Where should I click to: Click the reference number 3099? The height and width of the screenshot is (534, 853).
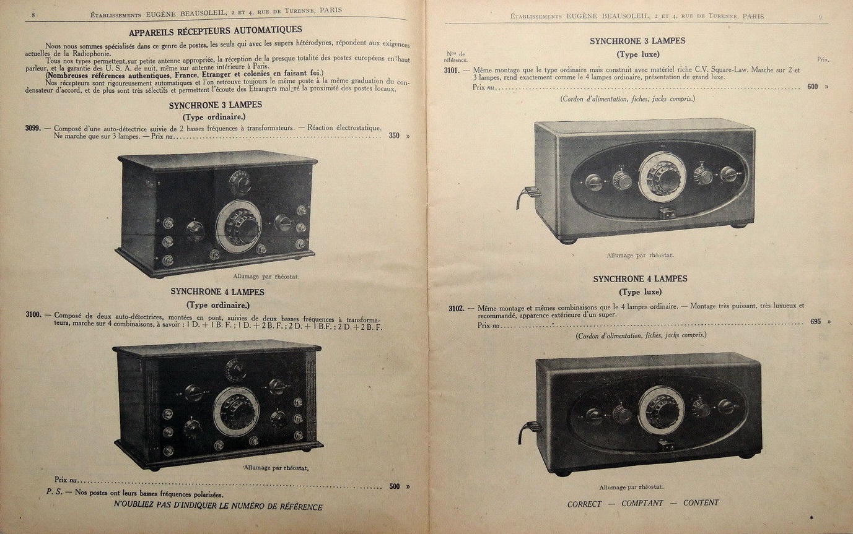[33, 128]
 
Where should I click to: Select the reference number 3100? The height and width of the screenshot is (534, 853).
[33, 314]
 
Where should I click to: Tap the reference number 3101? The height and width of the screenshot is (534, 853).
[452, 70]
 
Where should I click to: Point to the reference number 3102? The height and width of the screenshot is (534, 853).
[457, 308]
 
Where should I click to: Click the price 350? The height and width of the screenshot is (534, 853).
[394, 136]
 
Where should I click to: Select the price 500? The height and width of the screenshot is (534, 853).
[394, 486]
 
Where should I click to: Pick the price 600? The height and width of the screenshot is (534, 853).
[813, 87]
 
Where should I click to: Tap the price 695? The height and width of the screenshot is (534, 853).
[815, 322]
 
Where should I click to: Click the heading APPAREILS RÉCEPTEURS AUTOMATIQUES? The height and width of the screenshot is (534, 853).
[216, 30]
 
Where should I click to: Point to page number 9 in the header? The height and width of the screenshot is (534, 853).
[820, 17]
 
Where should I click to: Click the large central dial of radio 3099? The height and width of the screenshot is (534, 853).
[238, 226]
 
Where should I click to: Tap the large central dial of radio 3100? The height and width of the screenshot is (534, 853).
[236, 412]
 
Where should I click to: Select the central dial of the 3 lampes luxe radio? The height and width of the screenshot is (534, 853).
[663, 177]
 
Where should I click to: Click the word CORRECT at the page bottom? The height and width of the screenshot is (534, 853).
[584, 504]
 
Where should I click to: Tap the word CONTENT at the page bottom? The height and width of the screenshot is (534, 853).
[701, 503]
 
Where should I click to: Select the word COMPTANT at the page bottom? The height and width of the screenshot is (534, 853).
[642, 504]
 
